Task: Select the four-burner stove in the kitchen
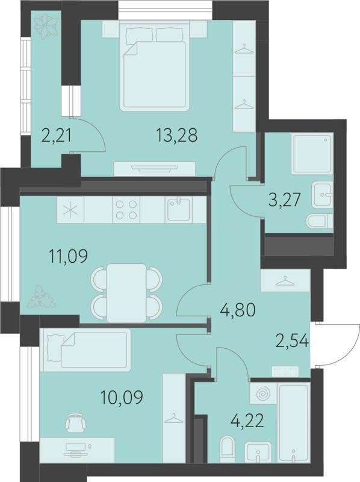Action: point(126,210)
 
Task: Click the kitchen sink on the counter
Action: point(178,210)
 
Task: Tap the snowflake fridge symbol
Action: point(71,211)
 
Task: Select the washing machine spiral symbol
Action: point(263,394)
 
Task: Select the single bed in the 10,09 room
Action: point(85,348)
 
